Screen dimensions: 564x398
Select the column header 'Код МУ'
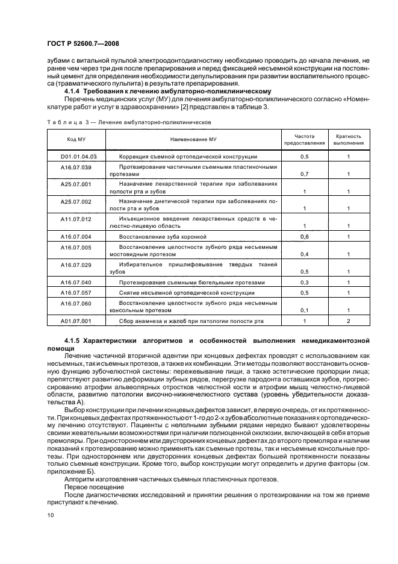[x=75, y=139]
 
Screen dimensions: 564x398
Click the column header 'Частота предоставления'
[x=305, y=139]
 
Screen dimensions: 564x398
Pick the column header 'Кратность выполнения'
[x=349, y=139]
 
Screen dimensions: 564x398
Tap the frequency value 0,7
[x=305, y=174]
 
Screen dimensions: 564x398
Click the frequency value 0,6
[x=305, y=237]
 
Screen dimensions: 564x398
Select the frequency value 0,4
[x=305, y=254]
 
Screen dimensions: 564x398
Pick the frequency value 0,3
[x=305, y=282]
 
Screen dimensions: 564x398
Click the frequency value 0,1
[x=305, y=310]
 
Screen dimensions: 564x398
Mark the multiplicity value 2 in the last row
[x=349, y=321]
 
